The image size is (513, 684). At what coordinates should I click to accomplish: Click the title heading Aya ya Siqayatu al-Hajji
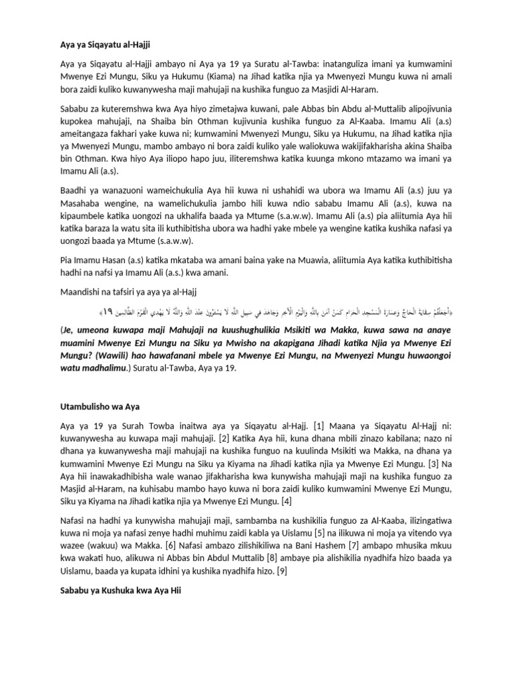100,45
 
